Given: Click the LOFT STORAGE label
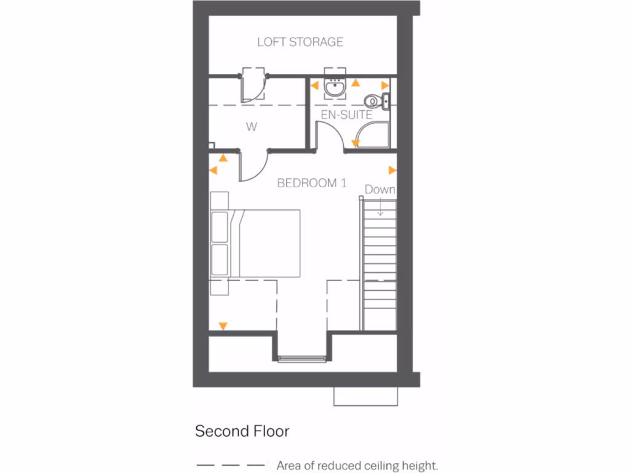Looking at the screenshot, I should [x=300, y=42].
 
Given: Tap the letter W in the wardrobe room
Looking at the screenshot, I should [x=251, y=127].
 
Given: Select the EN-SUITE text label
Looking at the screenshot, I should [x=346, y=115].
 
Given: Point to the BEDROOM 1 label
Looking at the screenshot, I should [x=312, y=183].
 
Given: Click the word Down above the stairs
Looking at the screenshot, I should [x=380, y=190].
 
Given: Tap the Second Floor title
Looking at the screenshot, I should [x=242, y=431].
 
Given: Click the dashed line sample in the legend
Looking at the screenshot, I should [x=231, y=465].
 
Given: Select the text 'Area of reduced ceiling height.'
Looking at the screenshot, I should [x=357, y=466].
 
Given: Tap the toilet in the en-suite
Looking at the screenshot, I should [x=375, y=101].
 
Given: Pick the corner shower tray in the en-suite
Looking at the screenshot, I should [x=373, y=134].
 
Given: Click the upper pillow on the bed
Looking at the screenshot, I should [x=220, y=226].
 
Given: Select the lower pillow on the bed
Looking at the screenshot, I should [x=220, y=261].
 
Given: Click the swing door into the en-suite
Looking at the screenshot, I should [x=330, y=135].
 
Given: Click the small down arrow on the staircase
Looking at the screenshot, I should [x=380, y=209].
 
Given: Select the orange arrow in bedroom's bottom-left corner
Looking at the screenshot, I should [x=223, y=326].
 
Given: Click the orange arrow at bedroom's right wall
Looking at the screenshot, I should [x=393, y=170].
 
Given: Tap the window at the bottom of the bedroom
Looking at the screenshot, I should [x=301, y=358].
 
